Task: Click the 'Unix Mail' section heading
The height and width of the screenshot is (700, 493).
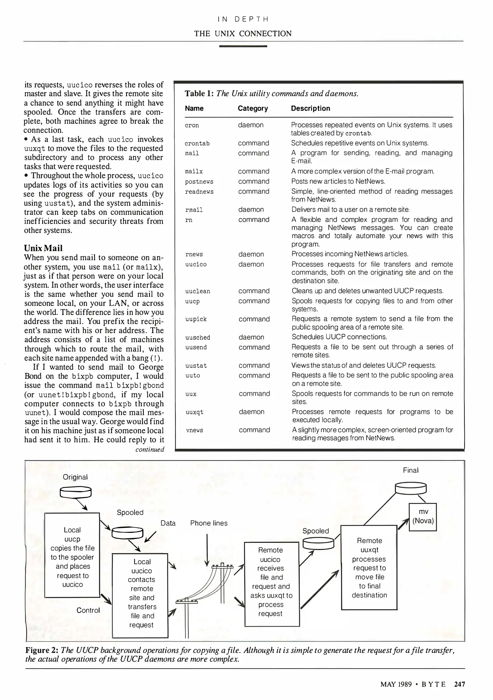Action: click(x=43, y=248)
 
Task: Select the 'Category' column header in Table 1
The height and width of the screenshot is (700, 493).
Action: click(x=253, y=109)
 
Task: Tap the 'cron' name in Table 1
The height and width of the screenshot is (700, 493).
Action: click(x=192, y=125)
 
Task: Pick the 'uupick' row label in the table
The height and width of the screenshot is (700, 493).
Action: click(x=196, y=319)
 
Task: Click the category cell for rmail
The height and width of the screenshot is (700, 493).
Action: click(x=251, y=210)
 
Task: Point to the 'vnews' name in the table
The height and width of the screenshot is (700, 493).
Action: click(x=194, y=430)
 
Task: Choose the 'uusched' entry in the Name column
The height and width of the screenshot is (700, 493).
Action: click(x=198, y=337)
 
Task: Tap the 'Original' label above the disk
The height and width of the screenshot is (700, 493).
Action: click(x=75, y=477)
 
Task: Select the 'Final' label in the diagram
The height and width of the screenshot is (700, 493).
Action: click(x=411, y=470)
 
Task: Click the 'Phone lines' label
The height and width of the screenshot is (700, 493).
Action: click(x=209, y=523)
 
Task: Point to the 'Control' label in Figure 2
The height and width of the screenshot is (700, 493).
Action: click(x=88, y=610)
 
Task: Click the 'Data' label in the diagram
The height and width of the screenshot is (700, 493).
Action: click(x=168, y=523)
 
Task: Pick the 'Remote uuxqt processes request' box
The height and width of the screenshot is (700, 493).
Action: click(x=369, y=567)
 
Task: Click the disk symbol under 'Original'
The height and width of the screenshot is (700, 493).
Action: click(x=75, y=492)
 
